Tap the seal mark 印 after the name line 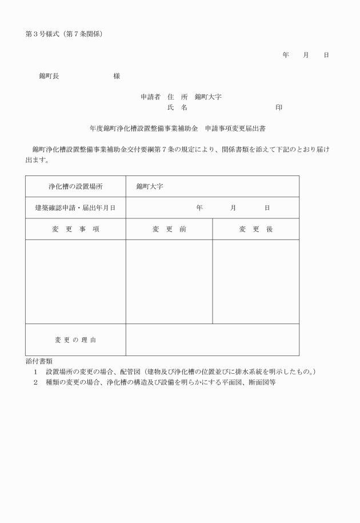tap(279, 107)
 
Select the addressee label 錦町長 tap(49, 75)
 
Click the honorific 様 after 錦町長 tap(117, 75)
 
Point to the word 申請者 tap(150, 97)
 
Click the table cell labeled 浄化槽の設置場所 tap(75, 186)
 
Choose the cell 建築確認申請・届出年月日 tap(75, 207)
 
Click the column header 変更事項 tap(75, 229)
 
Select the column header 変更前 tap(169, 229)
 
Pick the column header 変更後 tap(255, 229)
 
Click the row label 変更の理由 tap(75, 340)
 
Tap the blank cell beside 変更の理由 tap(212, 340)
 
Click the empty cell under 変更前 tap(169, 281)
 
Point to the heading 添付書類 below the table tap(39, 361)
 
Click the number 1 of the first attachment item tap(35, 372)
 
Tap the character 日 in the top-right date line tap(326, 55)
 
